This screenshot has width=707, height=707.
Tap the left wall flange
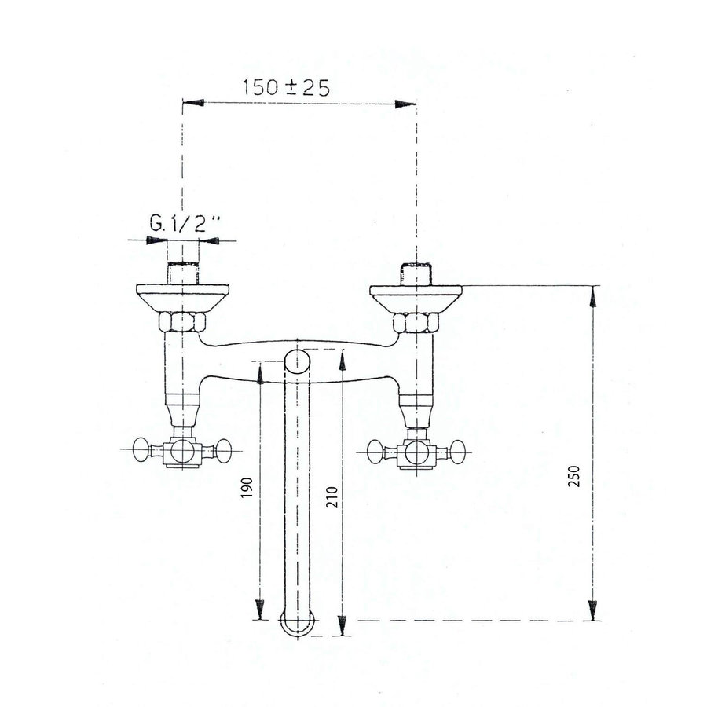coord(182,297)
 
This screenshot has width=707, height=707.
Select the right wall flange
coord(416,297)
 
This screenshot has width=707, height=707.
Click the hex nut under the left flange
coord(182,322)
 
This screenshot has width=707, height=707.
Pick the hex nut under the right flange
coord(416,322)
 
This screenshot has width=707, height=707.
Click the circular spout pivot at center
coord(297,362)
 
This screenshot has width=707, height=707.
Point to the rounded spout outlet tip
coord(298,625)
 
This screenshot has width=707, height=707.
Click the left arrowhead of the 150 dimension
coord(190,103)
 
